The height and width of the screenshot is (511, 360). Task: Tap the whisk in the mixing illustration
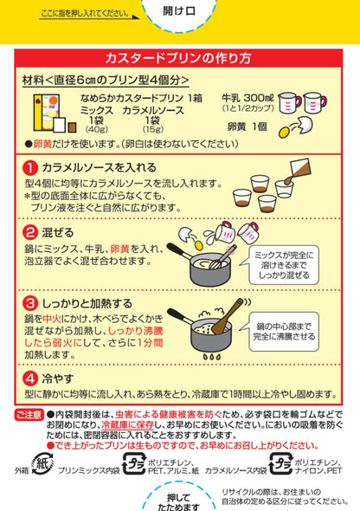click(x=221, y=251)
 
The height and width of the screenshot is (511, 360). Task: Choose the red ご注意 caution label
click(x=27, y=417)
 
